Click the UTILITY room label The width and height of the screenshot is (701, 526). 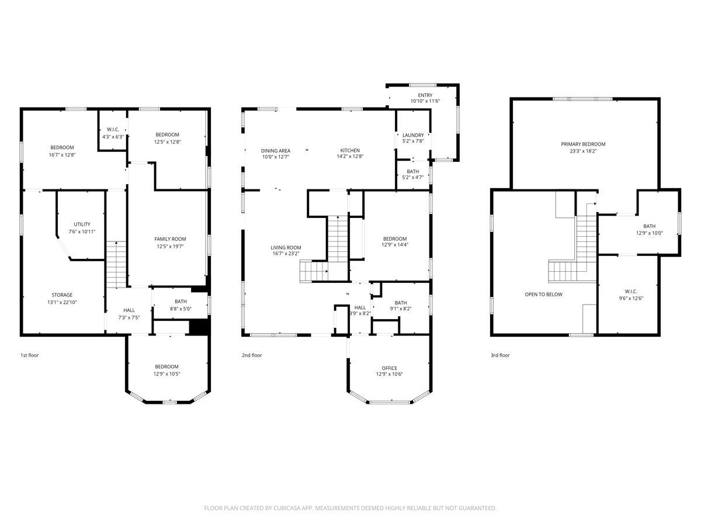coord(82,224)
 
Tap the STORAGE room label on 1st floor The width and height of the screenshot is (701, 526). coord(62,295)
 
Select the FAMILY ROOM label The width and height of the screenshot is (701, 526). coord(170,239)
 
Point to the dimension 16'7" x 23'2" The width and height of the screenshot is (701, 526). coord(286,254)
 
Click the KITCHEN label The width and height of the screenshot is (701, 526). coord(350,150)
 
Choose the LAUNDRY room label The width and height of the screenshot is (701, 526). coord(413,136)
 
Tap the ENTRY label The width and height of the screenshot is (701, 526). coord(425,95)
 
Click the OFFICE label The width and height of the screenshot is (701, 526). coord(389,368)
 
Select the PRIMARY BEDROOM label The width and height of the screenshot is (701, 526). coord(583,144)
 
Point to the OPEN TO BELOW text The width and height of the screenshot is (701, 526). coord(543,295)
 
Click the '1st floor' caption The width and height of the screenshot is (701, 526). coord(30,355)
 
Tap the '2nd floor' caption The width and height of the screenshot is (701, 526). coord(252,355)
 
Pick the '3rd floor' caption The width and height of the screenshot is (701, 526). coord(500,355)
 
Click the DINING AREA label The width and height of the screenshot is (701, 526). coord(276,151)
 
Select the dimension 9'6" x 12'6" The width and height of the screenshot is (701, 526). coord(631,298)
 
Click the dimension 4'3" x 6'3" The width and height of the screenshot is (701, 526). coord(113,137)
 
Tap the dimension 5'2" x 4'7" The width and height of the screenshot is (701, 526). coord(413,177)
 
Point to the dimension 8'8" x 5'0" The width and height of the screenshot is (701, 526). coord(181,309)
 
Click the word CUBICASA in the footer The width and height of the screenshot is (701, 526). coord(287,508)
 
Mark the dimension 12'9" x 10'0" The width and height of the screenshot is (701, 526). coord(650,233)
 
